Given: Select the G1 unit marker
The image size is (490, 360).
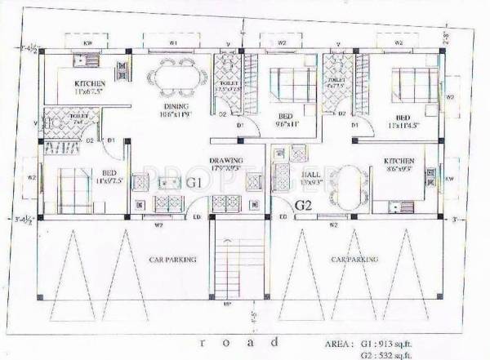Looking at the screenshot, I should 195,181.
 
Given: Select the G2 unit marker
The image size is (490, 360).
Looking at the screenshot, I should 304,204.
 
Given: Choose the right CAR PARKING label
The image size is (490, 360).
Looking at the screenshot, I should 354,259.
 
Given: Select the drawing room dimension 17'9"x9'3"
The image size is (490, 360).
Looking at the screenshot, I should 222,169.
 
